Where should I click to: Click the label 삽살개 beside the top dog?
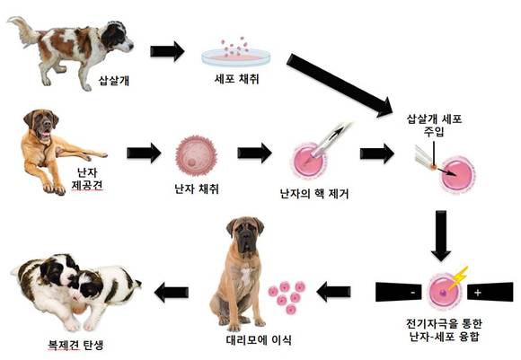[114, 81]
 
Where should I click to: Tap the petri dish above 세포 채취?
[236, 57]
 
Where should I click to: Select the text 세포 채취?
[236, 79]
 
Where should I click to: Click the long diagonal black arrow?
[340, 85]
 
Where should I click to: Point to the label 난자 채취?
[197, 189]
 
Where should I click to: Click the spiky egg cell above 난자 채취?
[196, 155]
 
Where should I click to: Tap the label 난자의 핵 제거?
[314, 193]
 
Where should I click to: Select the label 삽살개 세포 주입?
[434, 125]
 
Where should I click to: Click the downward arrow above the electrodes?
[441, 235]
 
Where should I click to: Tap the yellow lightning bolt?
[458, 278]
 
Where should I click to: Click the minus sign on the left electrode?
[412, 293]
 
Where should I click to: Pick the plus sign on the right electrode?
[478, 293]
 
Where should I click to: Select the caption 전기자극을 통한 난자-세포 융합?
[445, 330]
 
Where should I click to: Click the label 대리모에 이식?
[259, 339]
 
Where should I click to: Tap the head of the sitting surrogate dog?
[245, 233]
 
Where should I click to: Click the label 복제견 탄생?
[75, 345]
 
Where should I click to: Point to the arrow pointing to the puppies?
[172, 293]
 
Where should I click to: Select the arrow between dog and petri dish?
[167, 51]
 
